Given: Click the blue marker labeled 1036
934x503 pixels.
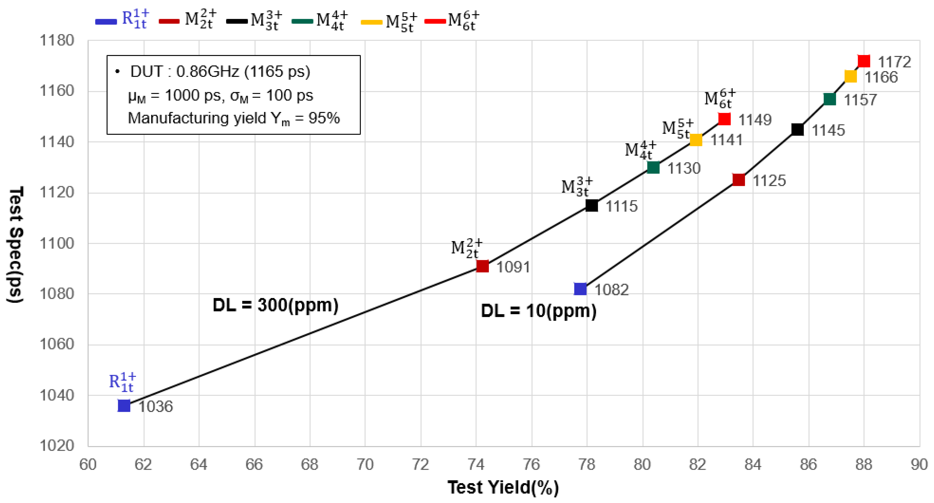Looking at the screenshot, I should tap(124, 405).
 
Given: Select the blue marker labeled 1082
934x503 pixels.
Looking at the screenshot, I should tap(580, 289).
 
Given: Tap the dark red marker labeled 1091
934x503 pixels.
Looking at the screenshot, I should tap(482, 266).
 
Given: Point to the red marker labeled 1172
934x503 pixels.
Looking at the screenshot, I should tap(864, 61).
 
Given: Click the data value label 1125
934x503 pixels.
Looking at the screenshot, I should tap(769, 181).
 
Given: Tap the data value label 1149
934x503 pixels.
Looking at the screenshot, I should tap(755, 120).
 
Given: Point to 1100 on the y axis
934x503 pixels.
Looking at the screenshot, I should tap(56, 243).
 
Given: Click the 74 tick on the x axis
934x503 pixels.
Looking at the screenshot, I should tap(476, 465).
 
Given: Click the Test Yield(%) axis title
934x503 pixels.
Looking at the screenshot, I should tap(503, 487).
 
